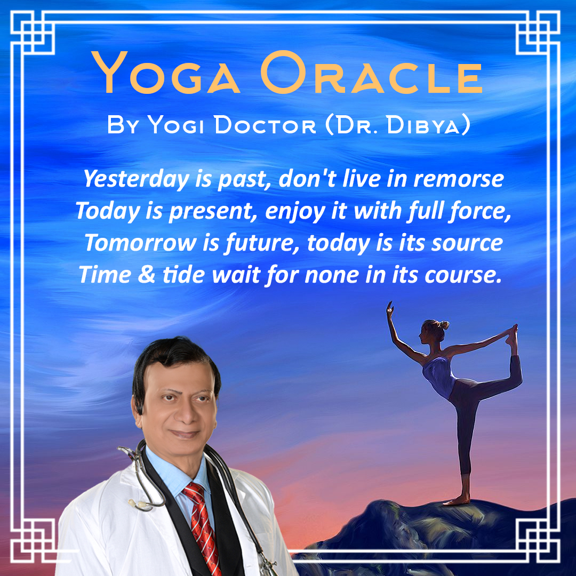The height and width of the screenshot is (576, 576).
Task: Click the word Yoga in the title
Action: (165, 72)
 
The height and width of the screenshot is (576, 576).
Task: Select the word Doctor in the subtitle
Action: (265, 125)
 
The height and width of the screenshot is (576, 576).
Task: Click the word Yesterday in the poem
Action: (137, 179)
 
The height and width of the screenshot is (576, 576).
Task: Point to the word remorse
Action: (459, 179)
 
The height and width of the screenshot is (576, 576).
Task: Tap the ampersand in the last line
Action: (147, 275)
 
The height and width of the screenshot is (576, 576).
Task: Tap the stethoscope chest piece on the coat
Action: (140, 505)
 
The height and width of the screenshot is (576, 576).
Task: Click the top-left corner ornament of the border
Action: (33, 33)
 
